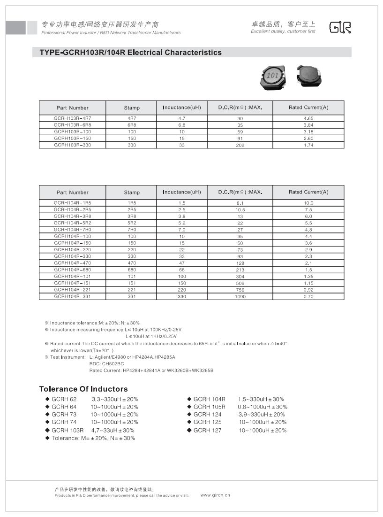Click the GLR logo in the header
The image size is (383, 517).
coord(340,28)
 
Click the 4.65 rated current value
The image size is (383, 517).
coord(308,119)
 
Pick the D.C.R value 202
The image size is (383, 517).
coord(241,145)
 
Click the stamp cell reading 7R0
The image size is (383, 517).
coord(132,230)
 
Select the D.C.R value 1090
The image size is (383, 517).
coord(240,296)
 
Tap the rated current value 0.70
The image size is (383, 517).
coord(308,296)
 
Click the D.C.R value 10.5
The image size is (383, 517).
coord(240,209)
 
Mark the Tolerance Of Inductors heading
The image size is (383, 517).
coord(83,389)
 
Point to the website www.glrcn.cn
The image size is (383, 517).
coord(215,495)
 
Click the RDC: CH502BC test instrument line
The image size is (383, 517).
coord(106,363)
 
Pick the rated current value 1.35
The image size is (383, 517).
coord(308,276)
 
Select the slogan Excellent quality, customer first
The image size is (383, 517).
coord(283,31)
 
